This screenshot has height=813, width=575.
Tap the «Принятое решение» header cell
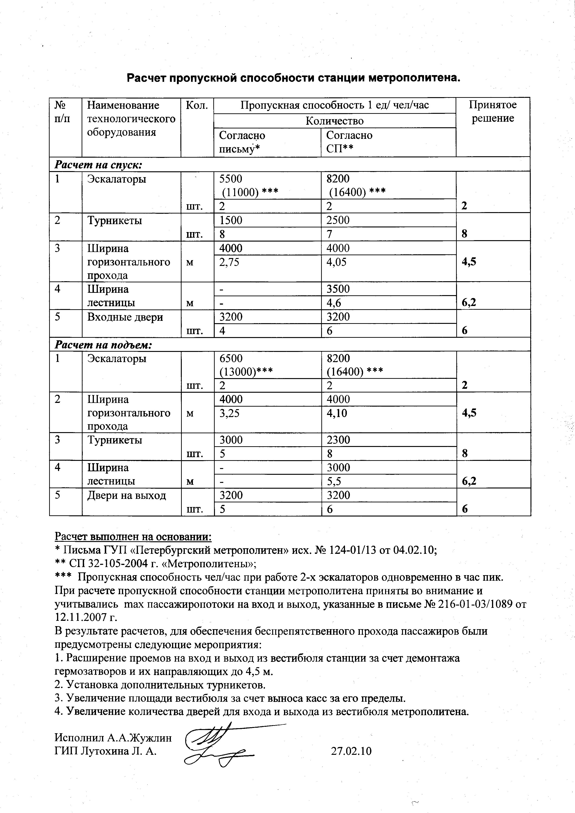492,112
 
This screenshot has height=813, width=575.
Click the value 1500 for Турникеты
231,220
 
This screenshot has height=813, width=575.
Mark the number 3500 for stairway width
338,289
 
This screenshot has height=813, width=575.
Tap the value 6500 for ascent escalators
231,358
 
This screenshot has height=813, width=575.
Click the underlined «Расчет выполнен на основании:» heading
133,537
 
